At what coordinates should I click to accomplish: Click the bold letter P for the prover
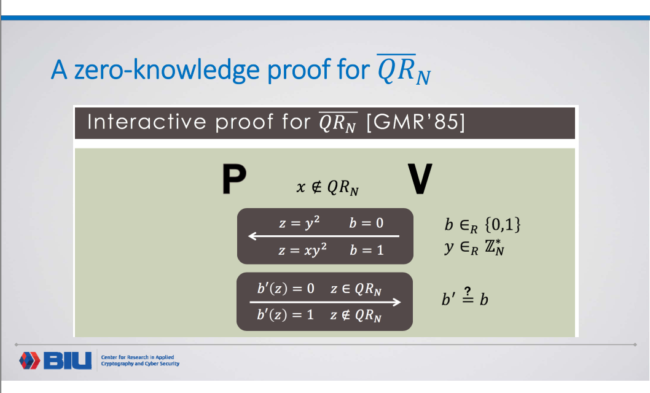(x=233, y=180)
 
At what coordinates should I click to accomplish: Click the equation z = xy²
(x=302, y=250)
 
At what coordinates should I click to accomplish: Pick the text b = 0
(x=366, y=223)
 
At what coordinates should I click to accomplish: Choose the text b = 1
(x=366, y=251)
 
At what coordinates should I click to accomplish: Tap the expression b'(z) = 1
(x=285, y=314)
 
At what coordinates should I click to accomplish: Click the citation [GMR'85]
(x=415, y=123)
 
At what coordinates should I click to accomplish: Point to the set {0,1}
(x=503, y=225)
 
